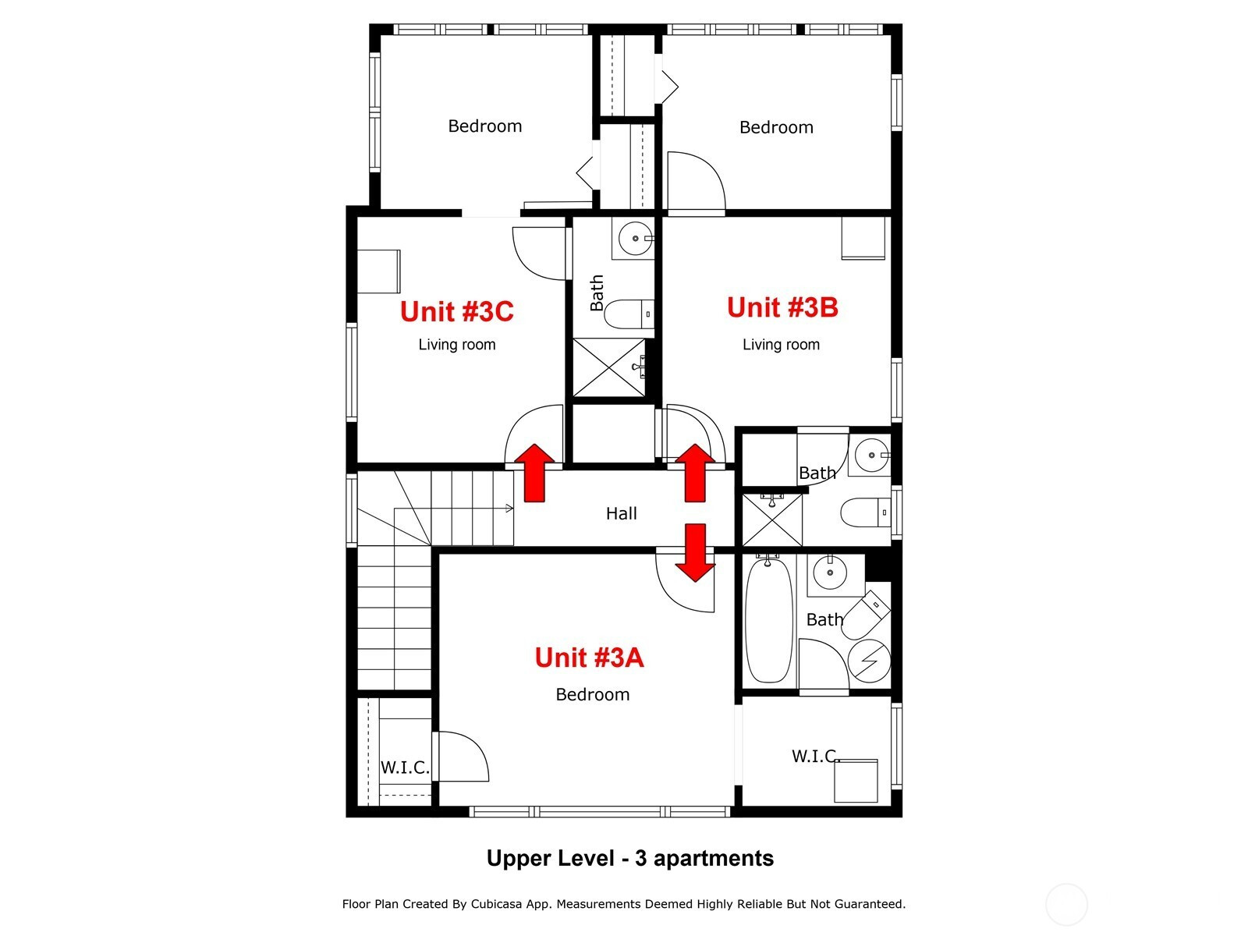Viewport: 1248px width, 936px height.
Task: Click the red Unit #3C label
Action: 456,311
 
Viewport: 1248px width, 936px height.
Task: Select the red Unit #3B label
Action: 782,307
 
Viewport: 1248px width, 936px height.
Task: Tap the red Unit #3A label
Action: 589,658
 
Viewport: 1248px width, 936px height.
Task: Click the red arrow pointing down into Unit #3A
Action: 695,552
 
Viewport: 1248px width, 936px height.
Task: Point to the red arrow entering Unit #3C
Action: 534,473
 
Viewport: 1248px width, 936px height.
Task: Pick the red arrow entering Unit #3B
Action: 695,473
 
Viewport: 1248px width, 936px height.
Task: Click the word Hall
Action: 621,514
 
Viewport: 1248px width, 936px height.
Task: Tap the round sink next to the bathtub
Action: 830,573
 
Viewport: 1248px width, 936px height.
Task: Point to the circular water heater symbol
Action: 869,661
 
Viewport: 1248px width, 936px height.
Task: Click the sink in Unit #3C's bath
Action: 635,238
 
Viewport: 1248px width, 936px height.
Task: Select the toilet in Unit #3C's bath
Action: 629,314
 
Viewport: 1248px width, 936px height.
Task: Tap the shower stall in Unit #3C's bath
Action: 609,367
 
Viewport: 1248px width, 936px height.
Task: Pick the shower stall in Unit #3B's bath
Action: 773,520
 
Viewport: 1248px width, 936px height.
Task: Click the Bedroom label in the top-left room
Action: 484,126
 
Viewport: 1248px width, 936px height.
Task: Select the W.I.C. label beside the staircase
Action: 405,768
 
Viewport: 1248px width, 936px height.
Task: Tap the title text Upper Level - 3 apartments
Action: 630,858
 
